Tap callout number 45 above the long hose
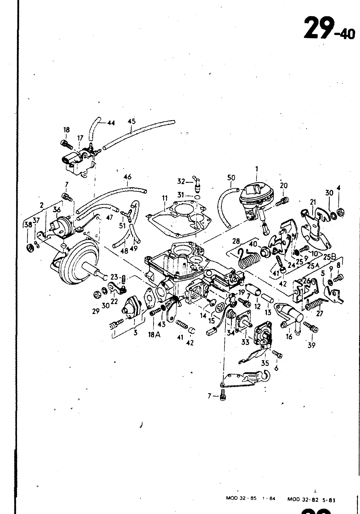(x=131, y=121)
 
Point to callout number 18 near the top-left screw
(x=66, y=130)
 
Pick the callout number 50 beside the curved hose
(x=231, y=177)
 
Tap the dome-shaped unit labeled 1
(x=257, y=196)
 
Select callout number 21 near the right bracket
(x=313, y=202)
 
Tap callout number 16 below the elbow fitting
(x=289, y=336)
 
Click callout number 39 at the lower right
(x=311, y=345)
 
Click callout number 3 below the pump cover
(x=136, y=333)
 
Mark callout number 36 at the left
(x=57, y=209)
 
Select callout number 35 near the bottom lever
(x=265, y=363)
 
